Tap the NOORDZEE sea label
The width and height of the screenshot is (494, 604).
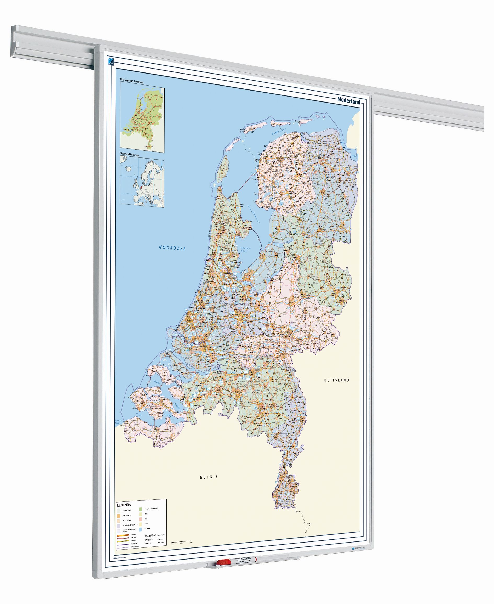[172, 248]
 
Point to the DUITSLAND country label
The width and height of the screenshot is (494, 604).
[336, 380]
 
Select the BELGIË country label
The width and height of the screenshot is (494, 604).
[209, 477]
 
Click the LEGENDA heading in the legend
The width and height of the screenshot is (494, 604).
[124, 505]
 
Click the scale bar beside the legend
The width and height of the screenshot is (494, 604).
[182, 540]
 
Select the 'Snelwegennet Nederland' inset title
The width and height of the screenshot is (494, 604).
[131, 82]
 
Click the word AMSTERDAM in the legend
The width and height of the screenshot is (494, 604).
[151, 536]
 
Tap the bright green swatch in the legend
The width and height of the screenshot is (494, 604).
[141, 509]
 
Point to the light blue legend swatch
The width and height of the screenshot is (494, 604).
[141, 529]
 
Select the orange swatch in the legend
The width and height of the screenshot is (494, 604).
[118, 515]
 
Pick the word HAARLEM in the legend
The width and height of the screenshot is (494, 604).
[150, 540]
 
